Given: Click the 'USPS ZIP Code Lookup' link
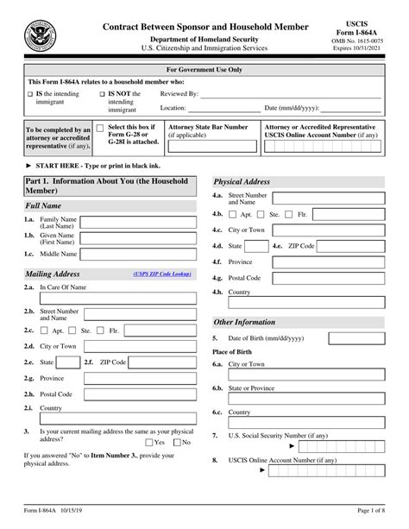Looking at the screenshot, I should coord(161,274).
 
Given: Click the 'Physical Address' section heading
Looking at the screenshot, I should coord(242,182).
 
